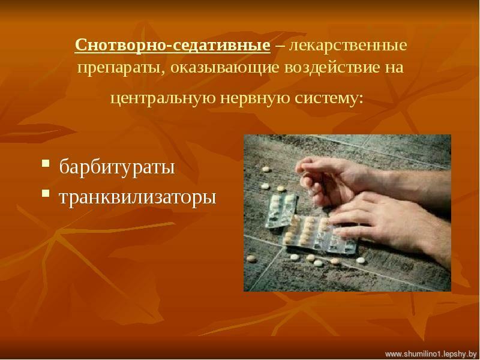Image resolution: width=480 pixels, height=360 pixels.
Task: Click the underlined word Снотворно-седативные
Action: (173, 46)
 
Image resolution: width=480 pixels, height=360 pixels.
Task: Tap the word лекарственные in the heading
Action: (349, 46)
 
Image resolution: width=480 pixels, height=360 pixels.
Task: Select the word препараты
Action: (119, 68)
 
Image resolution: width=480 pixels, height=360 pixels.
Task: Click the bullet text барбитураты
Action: (117, 167)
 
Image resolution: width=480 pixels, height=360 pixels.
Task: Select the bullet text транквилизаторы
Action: (138, 197)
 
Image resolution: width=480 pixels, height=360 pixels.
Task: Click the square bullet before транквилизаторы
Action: (46, 193)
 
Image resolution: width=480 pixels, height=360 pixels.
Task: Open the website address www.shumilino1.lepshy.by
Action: (431, 354)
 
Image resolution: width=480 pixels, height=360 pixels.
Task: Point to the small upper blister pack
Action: (281, 211)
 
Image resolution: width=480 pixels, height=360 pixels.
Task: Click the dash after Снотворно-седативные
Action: (280, 46)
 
